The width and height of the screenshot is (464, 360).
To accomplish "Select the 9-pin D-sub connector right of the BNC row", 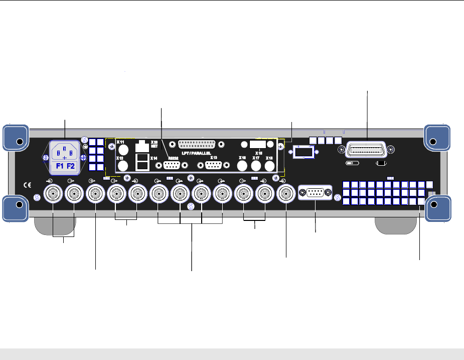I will click(315, 193).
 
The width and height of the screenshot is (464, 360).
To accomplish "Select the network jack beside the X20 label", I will click(143, 146).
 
